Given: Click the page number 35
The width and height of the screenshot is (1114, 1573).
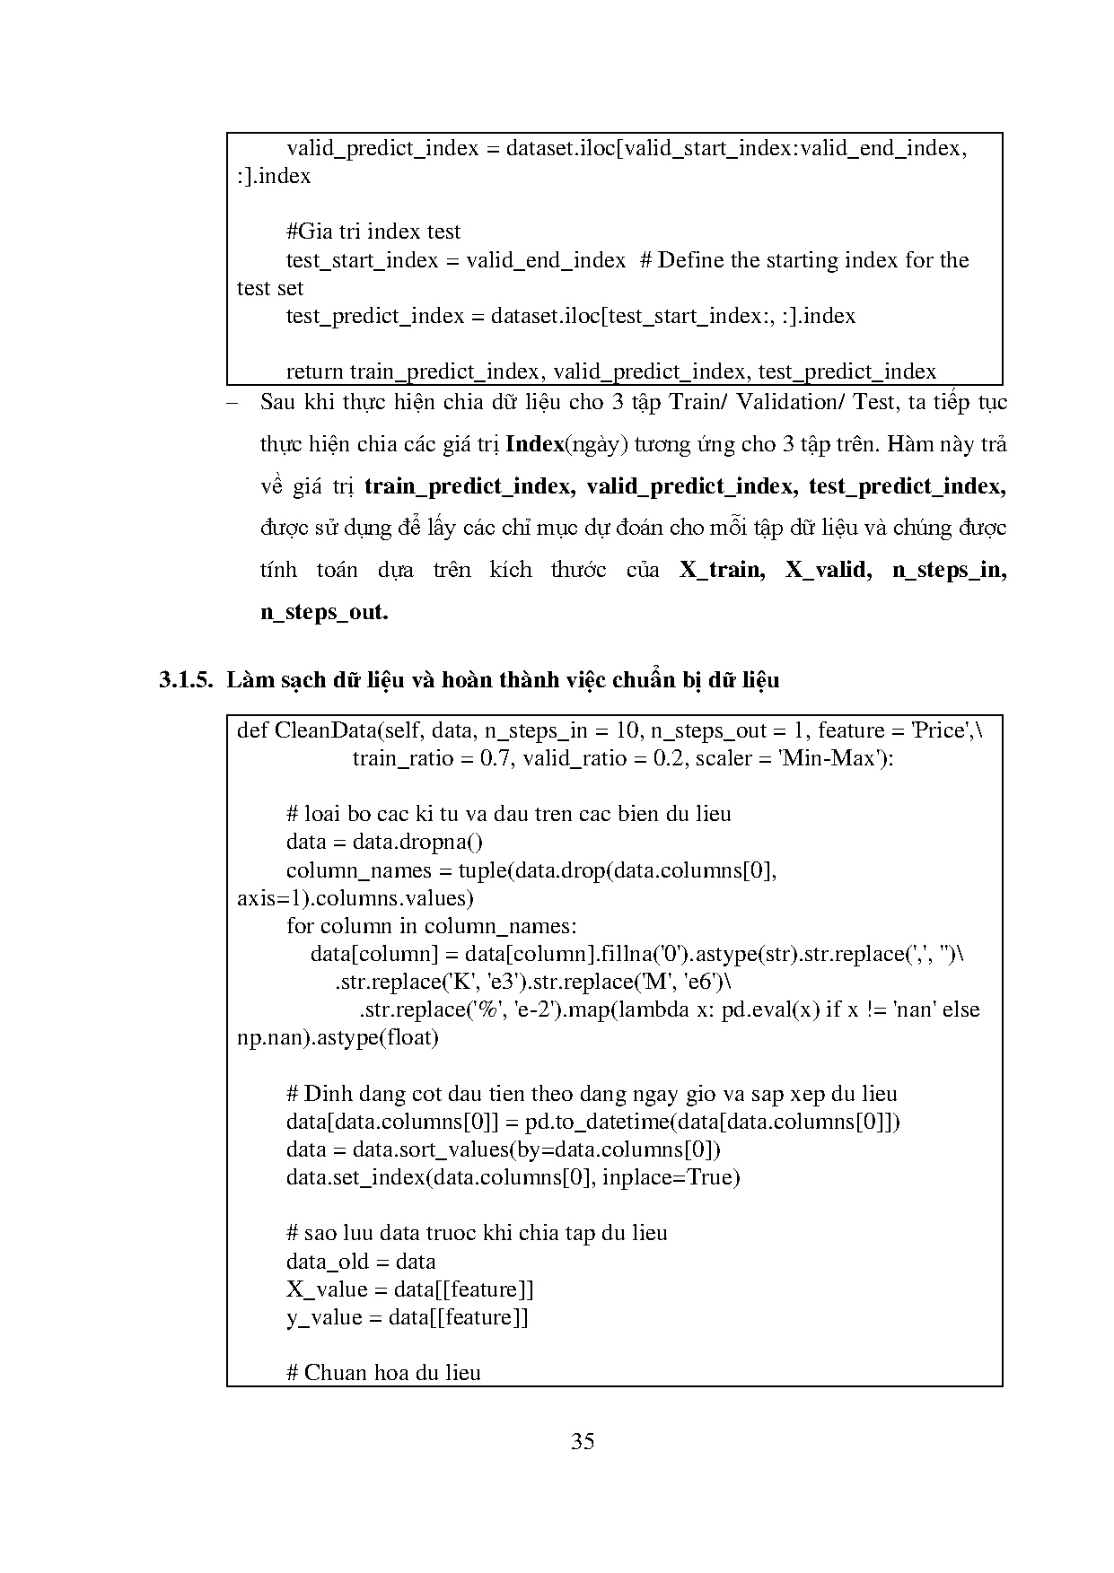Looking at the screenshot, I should [x=583, y=1442].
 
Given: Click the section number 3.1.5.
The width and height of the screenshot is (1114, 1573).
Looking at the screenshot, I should [x=186, y=679].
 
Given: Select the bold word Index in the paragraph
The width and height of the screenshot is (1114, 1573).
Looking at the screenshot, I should [x=535, y=443].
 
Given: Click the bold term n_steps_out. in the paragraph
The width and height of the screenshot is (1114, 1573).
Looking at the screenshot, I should [x=324, y=612].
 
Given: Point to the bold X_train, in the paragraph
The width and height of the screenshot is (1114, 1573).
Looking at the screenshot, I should [x=722, y=570].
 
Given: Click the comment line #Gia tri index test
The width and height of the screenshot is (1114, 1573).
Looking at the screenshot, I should [x=373, y=232].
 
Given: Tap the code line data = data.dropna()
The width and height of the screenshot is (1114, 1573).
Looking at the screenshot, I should [x=384, y=842].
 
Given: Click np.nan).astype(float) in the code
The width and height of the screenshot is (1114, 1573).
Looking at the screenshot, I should [x=338, y=1037].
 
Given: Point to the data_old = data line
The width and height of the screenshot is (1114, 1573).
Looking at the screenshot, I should [x=361, y=1261].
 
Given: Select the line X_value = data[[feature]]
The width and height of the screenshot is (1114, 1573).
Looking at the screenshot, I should [x=409, y=1289].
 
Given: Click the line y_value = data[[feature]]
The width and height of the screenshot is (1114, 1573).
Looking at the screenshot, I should [x=407, y=1317].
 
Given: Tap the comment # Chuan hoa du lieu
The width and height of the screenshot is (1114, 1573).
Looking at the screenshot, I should [x=383, y=1372].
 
